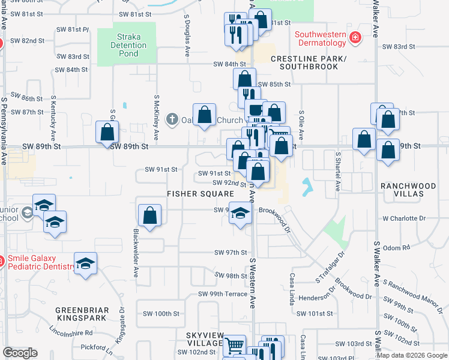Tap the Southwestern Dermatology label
click(321, 38)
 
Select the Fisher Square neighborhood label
click(200, 194)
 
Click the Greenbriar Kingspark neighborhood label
click(82, 314)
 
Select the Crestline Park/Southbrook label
click(309, 62)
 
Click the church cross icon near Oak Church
click(172, 119)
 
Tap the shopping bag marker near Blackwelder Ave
click(149, 215)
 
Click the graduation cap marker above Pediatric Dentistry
click(85, 263)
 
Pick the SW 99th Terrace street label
click(223, 294)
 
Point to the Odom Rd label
click(396, 247)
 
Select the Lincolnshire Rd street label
click(71, 332)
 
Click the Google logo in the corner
click(20, 353)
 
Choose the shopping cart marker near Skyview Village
click(234, 345)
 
